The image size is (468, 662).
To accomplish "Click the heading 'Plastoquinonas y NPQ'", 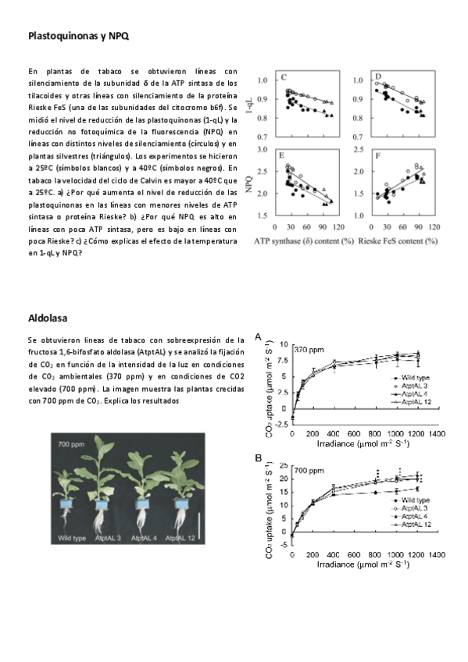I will (x=78, y=36).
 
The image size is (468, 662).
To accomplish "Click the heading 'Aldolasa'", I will (x=48, y=319).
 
